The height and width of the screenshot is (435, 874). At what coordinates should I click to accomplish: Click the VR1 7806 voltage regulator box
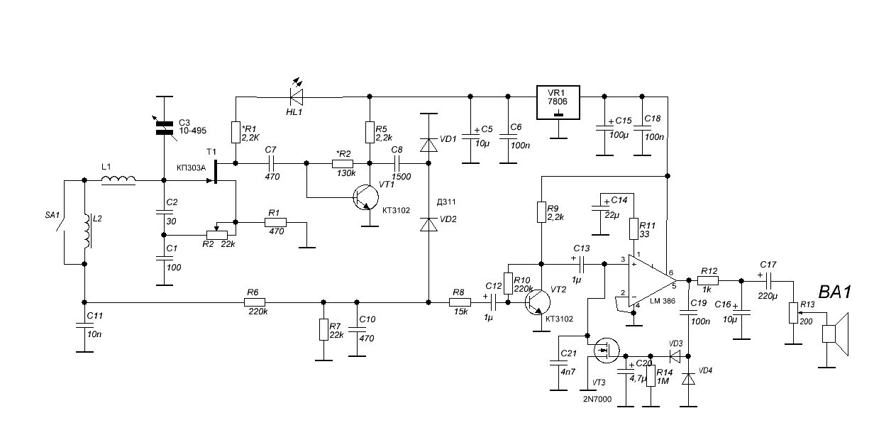coord(558,102)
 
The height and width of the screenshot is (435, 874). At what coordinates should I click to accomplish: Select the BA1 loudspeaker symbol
coord(836,334)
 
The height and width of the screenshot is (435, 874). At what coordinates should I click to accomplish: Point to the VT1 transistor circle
coord(365,197)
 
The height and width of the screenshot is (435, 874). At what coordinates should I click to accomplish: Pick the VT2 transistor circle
coord(537,302)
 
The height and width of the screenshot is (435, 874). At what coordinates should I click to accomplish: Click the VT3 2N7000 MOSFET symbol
coord(607,351)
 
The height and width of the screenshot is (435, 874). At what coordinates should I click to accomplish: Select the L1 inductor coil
coord(118,180)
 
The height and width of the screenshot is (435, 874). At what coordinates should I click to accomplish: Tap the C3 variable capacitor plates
coord(165,128)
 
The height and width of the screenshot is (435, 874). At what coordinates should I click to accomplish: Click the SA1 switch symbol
coord(60,223)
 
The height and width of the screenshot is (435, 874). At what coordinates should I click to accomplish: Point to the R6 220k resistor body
coord(255,302)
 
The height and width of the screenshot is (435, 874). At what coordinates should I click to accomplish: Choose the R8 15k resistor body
coord(460,302)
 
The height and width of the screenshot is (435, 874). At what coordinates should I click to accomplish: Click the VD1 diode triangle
coord(428,145)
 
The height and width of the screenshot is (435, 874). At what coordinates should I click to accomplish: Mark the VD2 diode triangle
coord(428,225)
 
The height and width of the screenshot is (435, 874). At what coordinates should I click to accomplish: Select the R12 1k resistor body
coord(708,280)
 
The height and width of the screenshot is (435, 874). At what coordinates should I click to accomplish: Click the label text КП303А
coord(191,168)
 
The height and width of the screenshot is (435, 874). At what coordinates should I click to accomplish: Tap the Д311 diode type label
coord(446,202)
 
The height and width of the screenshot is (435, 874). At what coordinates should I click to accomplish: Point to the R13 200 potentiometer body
coord(793,313)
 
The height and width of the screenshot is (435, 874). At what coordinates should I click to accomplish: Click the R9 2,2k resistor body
coord(541,212)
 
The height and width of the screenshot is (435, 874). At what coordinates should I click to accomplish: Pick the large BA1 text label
coord(834,292)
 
